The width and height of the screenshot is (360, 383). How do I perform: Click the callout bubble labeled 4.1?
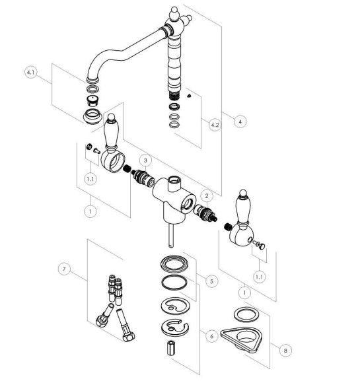coord(31,72)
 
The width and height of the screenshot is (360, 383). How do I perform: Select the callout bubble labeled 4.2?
coord(215,125)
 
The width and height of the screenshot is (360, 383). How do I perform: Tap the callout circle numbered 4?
coord(240,122)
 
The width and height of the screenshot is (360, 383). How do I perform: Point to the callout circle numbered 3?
coord(146,160)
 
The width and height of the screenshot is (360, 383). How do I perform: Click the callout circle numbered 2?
coord(207,195)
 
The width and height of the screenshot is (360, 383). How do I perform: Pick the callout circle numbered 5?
coord(211,281)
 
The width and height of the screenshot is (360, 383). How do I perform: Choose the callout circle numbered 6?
coord(211,336)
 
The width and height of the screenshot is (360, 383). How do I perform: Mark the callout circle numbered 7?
coord(64,269)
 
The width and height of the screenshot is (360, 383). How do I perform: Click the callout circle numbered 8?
coord(285,350)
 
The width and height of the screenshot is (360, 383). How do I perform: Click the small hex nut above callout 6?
coord(171,348)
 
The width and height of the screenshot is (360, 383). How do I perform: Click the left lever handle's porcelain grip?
coord(112,133)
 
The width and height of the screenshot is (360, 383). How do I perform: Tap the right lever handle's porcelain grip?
coord(243,209)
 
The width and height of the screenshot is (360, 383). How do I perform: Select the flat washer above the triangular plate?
coord(245,315)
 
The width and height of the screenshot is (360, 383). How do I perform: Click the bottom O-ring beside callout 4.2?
coord(174,125)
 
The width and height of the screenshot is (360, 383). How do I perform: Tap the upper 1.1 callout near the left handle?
coord(90,179)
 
